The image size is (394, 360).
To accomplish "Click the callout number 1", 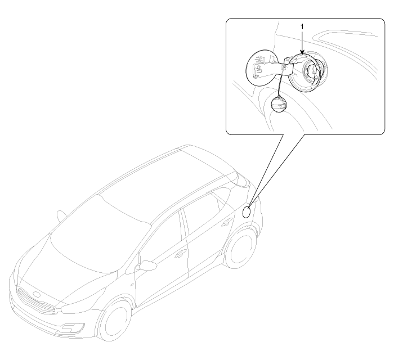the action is click(x=302, y=26).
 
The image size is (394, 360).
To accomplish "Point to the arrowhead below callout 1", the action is click(x=302, y=52).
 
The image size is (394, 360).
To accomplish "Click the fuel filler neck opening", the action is click(x=312, y=71).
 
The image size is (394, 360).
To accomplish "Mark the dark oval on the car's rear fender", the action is click(x=247, y=212).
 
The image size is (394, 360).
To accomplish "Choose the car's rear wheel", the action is click(x=240, y=248).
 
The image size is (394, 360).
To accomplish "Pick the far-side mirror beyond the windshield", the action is click(x=61, y=215).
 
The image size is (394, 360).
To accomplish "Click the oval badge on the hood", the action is click(x=37, y=294).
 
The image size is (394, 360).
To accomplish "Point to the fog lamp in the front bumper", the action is click(x=72, y=327).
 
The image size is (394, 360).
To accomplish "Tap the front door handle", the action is click(x=181, y=254).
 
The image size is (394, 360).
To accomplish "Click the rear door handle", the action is click(x=227, y=222).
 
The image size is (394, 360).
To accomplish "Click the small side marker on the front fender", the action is click(x=132, y=285).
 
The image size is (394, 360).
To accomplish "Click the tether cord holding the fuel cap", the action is click(x=281, y=82).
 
